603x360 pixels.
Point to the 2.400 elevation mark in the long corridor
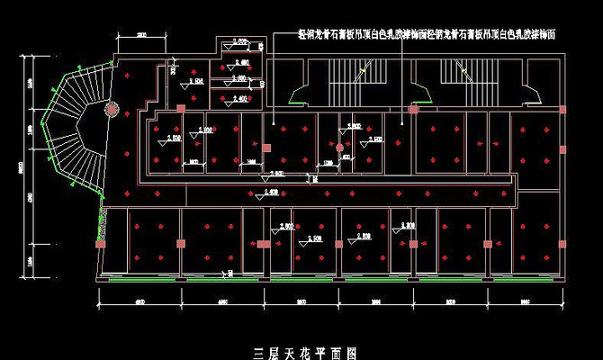(x=269, y=191)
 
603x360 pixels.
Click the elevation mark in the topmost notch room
(x=239, y=43)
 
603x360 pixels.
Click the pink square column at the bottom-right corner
(x=563, y=243)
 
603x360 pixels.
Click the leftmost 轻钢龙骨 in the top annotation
(x=316, y=33)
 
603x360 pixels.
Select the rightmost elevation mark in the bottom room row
(x=407, y=226)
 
